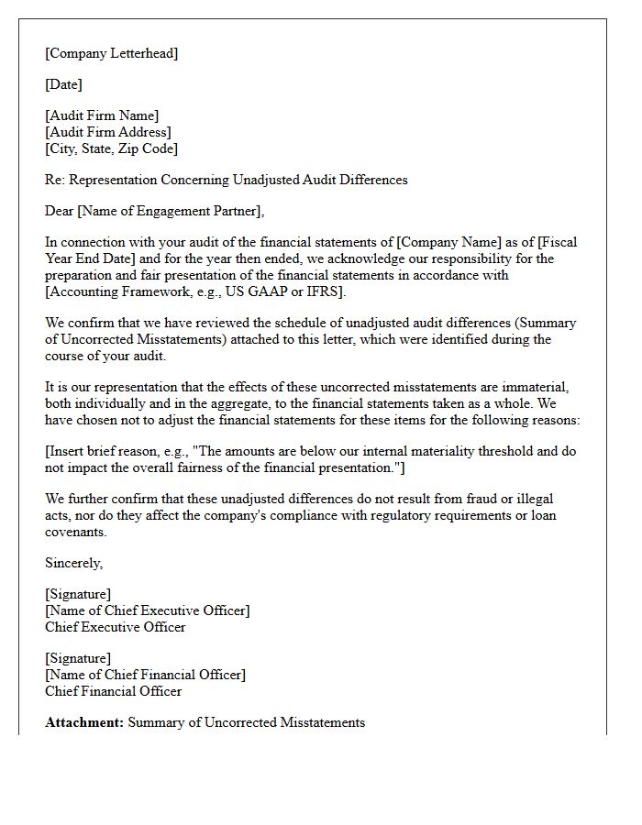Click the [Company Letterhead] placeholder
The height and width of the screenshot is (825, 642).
point(111,53)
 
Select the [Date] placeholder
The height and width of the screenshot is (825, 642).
point(63,84)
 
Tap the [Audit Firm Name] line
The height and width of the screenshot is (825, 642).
point(102,115)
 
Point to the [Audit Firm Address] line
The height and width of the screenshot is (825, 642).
point(107,132)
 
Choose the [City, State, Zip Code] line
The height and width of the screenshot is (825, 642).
point(111,148)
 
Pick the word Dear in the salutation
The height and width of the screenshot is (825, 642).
point(60,211)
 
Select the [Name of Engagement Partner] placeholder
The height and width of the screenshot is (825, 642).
point(171,211)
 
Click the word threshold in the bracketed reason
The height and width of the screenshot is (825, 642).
point(475,451)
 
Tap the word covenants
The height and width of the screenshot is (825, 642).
point(76,532)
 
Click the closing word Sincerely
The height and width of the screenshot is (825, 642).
point(74,563)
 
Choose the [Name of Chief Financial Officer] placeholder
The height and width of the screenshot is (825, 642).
point(145,675)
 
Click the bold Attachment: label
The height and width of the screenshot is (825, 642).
point(84,722)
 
